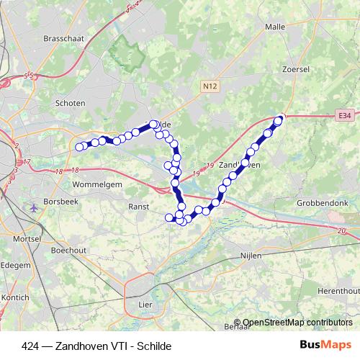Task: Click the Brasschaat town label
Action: click(65, 39)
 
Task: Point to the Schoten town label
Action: click(71, 103)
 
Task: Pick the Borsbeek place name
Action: click(60, 201)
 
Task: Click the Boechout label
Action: click(69, 251)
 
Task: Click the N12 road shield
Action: click(210, 86)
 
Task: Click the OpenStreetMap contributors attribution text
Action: click(297, 323)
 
